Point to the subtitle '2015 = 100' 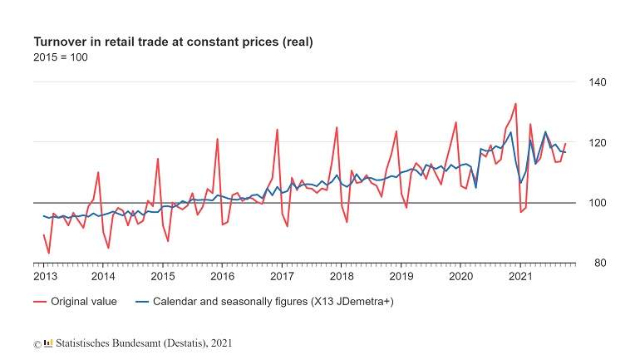(61, 57)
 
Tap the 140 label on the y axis (597, 82)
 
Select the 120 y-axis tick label (597, 143)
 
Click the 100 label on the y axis (597, 203)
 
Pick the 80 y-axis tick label (600, 264)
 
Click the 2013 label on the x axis (45, 276)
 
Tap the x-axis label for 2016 (223, 276)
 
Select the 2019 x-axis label (401, 276)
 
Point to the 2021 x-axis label (520, 276)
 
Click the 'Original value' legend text (84, 302)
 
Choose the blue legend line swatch (142, 302)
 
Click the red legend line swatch (40, 302)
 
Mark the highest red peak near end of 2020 (515, 104)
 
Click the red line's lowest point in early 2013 (49, 253)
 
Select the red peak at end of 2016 (277, 130)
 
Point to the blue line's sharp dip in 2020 (475, 187)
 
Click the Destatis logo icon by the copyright (48, 343)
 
